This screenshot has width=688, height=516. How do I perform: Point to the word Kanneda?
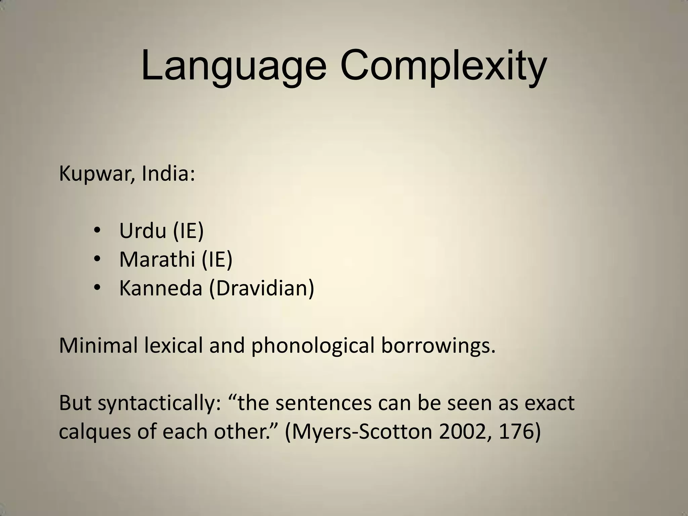click(161, 288)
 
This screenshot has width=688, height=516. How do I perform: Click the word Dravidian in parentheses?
click(262, 288)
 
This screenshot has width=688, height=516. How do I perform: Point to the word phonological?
click(312, 346)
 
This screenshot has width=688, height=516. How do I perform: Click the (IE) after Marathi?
click(217, 259)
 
